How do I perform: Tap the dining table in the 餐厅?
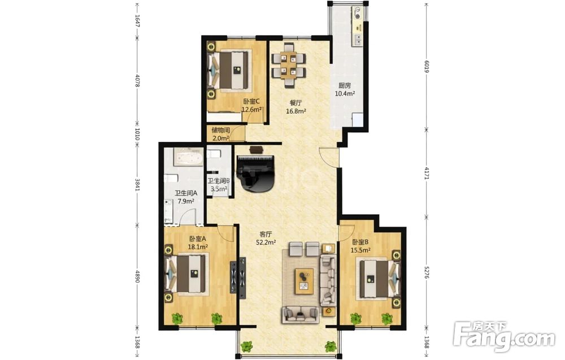[x=288, y=65]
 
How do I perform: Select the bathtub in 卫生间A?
[x=188, y=158]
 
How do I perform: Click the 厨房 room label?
[x=345, y=86]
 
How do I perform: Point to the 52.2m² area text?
[x=266, y=242]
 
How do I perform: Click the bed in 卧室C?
[x=228, y=71]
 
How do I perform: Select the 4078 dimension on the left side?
[x=137, y=80]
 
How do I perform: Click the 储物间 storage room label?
[x=221, y=131]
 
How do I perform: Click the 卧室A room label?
[x=197, y=238]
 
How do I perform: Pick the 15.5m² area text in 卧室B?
[x=361, y=250]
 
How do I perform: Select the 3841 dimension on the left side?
[x=137, y=184]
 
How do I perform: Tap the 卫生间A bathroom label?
[x=186, y=193]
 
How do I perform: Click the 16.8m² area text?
[x=296, y=111]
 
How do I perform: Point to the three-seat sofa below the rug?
[x=301, y=314]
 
